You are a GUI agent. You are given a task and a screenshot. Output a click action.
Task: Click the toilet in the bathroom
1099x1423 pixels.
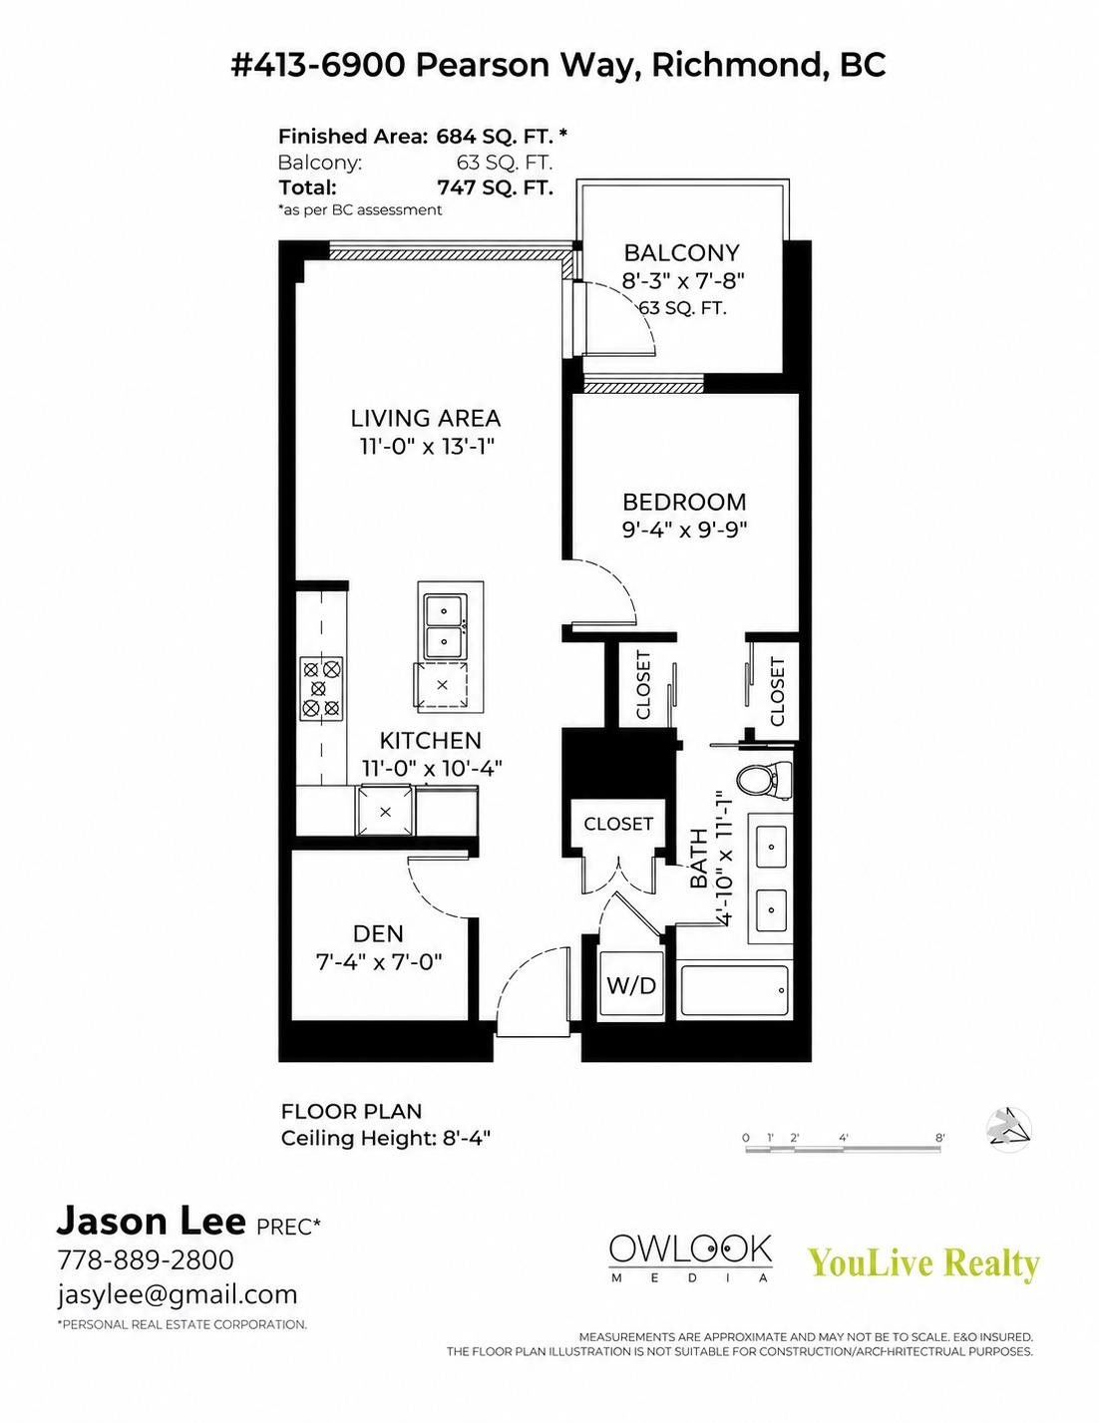point(764,780)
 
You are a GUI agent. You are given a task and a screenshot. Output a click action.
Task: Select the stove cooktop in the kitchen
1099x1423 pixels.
point(321,687)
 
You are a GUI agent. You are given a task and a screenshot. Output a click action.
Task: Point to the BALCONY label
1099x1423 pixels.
point(681,252)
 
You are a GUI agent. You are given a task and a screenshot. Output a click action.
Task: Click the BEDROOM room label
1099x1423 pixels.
point(684,502)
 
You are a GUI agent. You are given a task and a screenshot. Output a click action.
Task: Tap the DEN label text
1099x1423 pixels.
point(378,933)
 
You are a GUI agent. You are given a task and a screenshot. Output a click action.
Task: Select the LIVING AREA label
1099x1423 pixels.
point(425,418)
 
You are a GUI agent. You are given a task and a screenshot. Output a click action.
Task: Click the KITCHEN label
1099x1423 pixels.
point(430,741)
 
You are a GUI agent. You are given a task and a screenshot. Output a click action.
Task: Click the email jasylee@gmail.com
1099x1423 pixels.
point(178,1293)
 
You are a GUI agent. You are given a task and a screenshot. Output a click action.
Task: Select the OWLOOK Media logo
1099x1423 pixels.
point(690,1257)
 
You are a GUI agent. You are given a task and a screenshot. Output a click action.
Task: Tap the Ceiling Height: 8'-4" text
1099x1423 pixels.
point(386,1138)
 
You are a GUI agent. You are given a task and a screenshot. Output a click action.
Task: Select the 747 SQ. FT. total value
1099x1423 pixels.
point(495,187)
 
